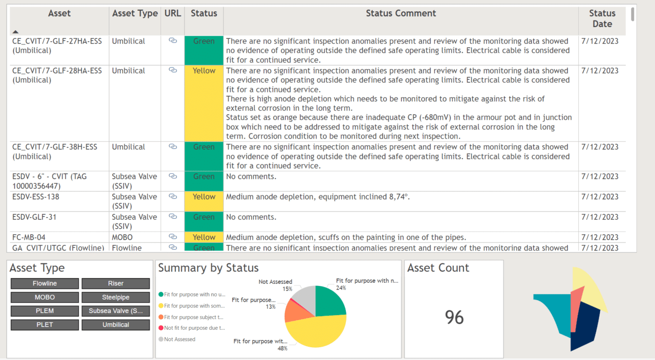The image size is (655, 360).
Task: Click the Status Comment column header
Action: pyautogui.click(x=401, y=13)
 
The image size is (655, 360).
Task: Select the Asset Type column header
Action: pyautogui.click(x=135, y=13)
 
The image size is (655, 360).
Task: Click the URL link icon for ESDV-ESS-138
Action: pyautogui.click(x=172, y=196)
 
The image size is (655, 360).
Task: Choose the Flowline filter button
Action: pyautogui.click(x=45, y=283)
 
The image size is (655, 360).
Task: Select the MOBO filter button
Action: pyautogui.click(x=45, y=297)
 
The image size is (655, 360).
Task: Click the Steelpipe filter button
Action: pyautogui.click(x=116, y=297)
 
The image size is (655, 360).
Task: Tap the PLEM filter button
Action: pyautogui.click(x=45, y=311)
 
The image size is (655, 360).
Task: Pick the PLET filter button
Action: pyautogui.click(x=45, y=325)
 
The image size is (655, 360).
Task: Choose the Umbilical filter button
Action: pyautogui.click(x=116, y=325)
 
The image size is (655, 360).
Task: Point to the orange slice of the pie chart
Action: pyautogui.click(x=295, y=311)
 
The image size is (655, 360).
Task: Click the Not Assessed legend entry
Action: pyautogui.click(x=179, y=339)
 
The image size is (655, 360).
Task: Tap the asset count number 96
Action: pyautogui.click(x=454, y=318)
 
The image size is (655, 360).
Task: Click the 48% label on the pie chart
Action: pyautogui.click(x=282, y=348)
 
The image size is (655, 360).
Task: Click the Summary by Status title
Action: pyautogui.click(x=208, y=268)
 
